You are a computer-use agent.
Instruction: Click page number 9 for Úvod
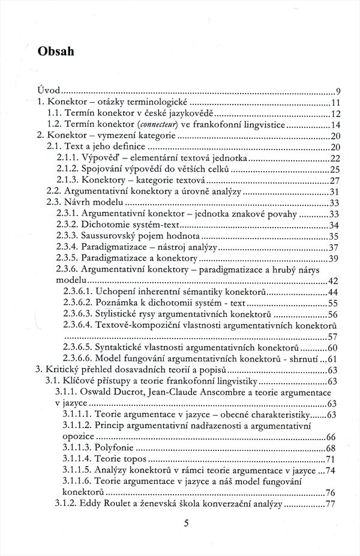[x=338, y=92]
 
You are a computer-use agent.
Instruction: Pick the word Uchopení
[x=118, y=291]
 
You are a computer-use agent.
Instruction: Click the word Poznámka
[x=120, y=303]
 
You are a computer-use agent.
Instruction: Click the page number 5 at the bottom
[x=187, y=523]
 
